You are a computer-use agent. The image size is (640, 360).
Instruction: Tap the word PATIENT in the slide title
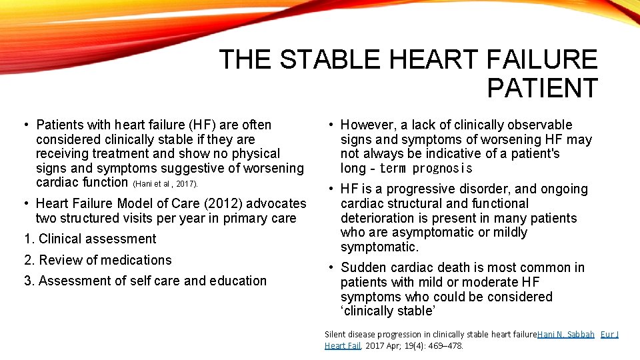click(x=542, y=89)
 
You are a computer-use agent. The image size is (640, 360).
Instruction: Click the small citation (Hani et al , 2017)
click(x=166, y=183)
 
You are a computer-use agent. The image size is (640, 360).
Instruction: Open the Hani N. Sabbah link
click(x=565, y=334)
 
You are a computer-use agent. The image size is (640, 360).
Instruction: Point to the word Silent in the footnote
click(x=335, y=334)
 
